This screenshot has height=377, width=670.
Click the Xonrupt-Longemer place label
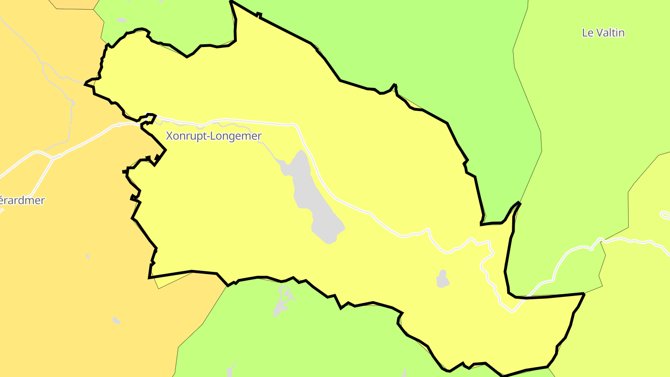pyautogui.click(x=214, y=136)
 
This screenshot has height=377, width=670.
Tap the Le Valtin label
pyautogui.click(x=603, y=33)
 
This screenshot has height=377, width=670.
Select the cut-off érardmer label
pyautogui.click(x=22, y=201)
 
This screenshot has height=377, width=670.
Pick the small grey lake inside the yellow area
pyautogui.click(x=442, y=279)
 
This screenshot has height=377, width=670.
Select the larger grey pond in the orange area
pyautogui.click(x=116, y=320)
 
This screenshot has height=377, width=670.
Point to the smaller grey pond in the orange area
pyautogui.click(x=88, y=256)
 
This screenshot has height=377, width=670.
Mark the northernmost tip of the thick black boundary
pyautogui.click(x=231, y=1)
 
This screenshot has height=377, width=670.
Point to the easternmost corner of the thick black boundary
pyautogui.click(x=584, y=294)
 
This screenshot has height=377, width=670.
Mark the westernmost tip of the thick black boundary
pyautogui.click(x=85, y=84)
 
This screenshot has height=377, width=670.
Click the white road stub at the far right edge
pyautogui.click(x=665, y=215)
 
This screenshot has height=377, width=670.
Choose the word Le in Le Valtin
pyautogui.click(x=587, y=33)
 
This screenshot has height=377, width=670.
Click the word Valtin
pyautogui.click(x=610, y=33)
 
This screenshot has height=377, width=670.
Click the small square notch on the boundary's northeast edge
pyautogui.click(x=259, y=15)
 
